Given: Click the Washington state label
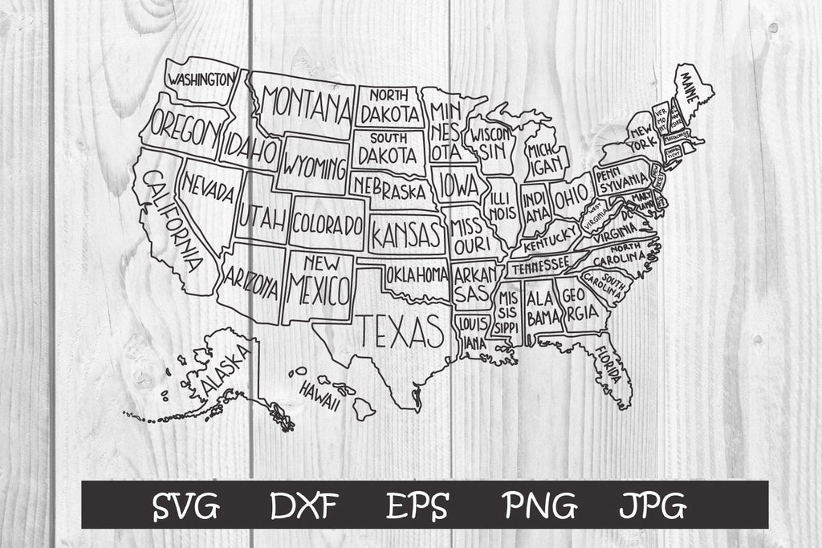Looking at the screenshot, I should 201,79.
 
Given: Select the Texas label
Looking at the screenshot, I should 400,328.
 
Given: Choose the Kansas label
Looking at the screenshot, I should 406,235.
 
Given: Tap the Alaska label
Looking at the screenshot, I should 225,367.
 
